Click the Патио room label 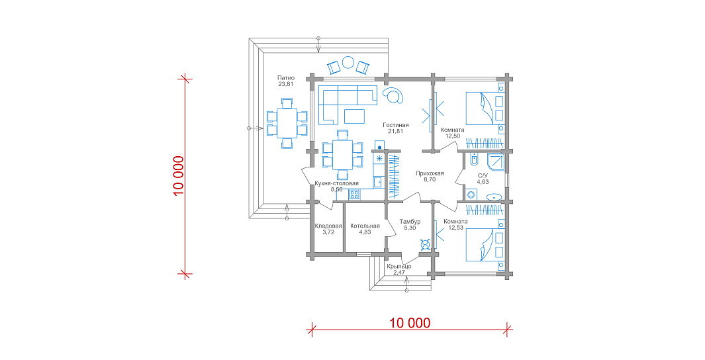coord(286,77)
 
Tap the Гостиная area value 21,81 coord(396,131)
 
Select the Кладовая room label coord(328,226)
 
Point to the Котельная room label coord(365,226)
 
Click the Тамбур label coord(410,222)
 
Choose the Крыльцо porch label coord(399,267)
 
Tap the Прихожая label coord(430,173)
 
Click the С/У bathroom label coord(483,176)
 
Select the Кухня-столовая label coord(337,183)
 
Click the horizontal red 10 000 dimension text coord(410,323)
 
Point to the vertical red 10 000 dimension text coord(179,176)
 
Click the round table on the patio coord(348,62)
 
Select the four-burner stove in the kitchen coord(354,195)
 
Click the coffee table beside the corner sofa coord(355,116)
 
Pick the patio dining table coord(287,123)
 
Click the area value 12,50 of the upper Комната coord(452,136)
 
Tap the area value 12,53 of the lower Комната coord(455,228)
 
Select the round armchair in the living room coord(394,95)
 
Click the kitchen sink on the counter coord(378,182)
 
